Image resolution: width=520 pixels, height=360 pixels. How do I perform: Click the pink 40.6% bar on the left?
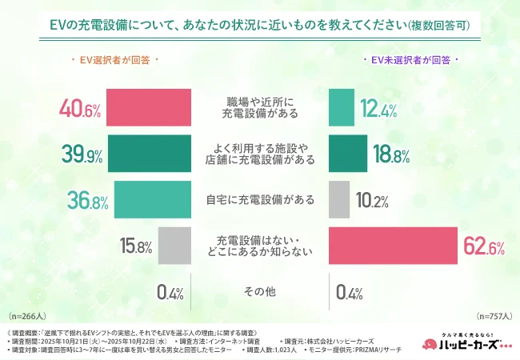[x=148, y=108]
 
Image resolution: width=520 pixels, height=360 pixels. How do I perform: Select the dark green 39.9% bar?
[x=149, y=154]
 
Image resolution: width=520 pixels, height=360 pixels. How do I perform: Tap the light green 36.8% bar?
[x=152, y=200]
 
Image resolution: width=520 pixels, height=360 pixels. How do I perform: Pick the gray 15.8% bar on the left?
[x=174, y=246]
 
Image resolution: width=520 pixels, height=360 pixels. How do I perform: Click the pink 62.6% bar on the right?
[x=393, y=246]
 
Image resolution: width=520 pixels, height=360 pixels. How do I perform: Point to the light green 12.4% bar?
[x=341, y=108]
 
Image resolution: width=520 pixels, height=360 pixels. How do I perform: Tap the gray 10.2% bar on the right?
[x=338, y=200]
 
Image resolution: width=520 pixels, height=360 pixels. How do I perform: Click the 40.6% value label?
[x=79, y=109]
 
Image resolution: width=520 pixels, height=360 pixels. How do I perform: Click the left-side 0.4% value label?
[x=170, y=292]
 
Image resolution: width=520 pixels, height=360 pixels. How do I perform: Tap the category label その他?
[x=259, y=292]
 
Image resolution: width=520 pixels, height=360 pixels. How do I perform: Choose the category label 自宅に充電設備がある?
[x=259, y=200]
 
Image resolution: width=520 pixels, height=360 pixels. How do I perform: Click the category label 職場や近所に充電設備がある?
[x=259, y=107]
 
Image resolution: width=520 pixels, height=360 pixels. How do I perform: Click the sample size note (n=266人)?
[x=26, y=317]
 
